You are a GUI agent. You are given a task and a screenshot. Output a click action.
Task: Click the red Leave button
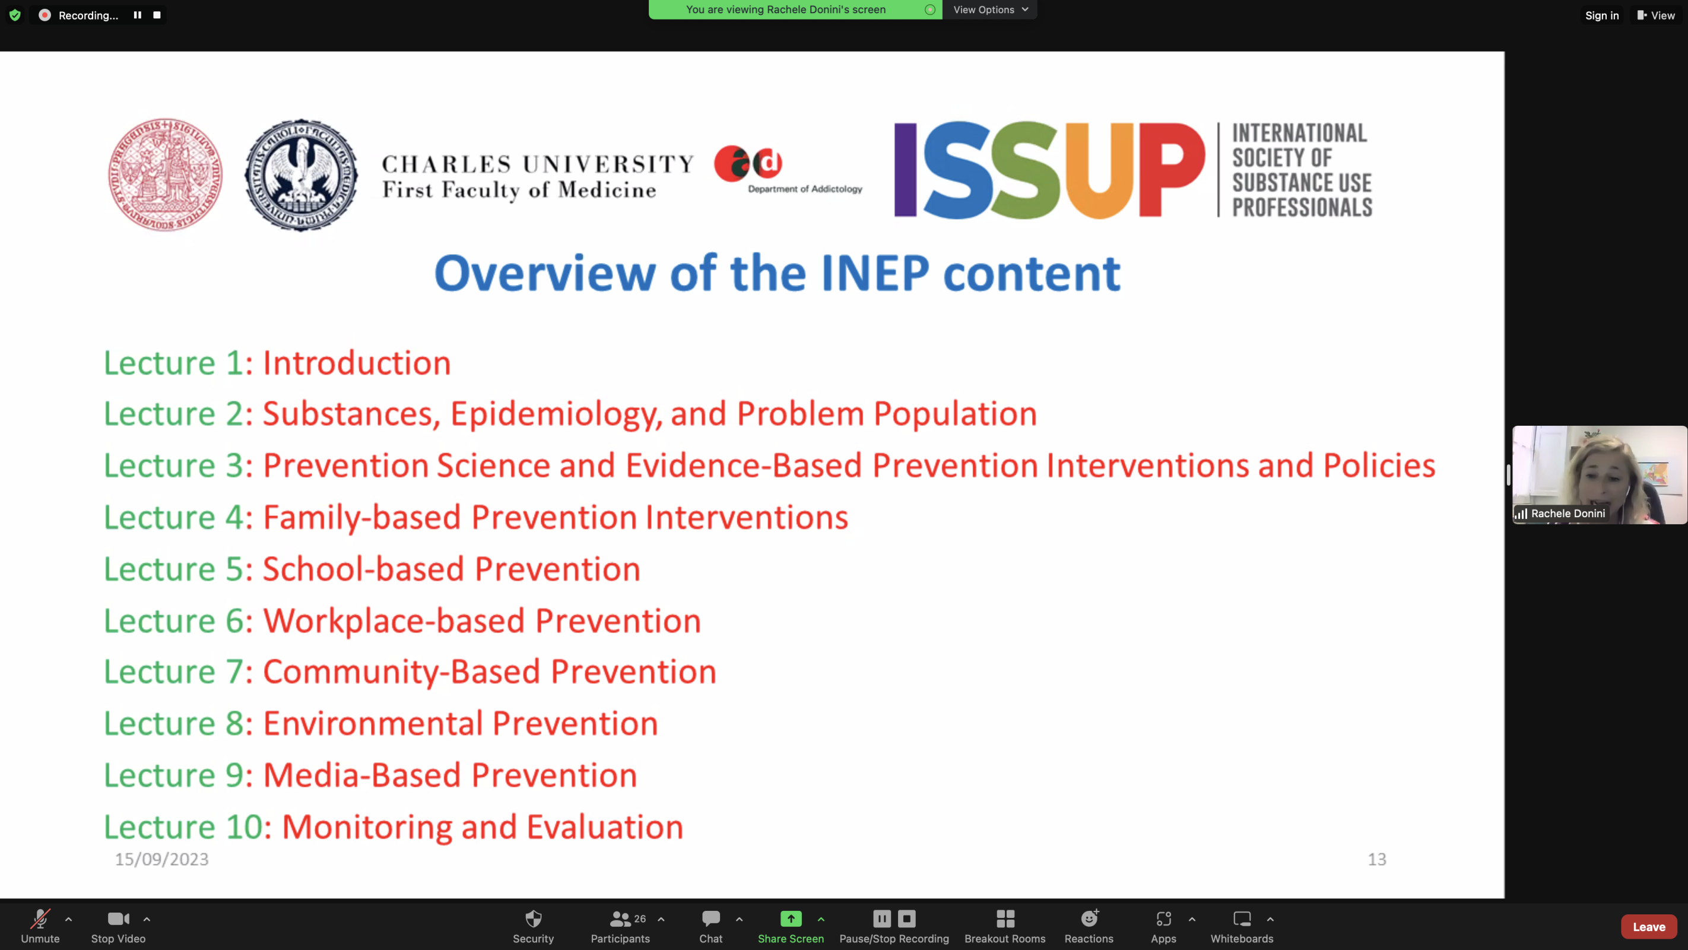click(1649, 926)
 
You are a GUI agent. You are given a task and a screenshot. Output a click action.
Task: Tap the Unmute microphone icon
click(40, 919)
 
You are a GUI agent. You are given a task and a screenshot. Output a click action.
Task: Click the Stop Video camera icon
click(119, 919)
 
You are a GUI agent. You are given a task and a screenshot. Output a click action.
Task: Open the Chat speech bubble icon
click(711, 918)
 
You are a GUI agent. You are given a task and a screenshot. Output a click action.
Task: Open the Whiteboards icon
click(1242, 919)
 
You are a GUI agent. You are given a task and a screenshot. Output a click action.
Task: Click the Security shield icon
click(534, 919)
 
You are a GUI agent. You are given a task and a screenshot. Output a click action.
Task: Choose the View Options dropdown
click(990, 9)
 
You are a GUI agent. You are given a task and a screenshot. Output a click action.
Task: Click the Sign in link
click(1601, 15)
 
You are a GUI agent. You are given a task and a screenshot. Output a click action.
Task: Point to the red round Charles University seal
click(165, 175)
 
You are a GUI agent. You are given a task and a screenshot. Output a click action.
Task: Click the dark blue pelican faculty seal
click(301, 175)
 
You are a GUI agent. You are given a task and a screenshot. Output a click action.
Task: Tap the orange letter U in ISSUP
click(1099, 170)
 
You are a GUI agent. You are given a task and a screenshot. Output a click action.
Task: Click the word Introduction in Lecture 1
click(357, 363)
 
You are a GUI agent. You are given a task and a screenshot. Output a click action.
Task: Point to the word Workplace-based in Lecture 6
click(394, 620)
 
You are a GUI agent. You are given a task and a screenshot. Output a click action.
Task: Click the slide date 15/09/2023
click(162, 859)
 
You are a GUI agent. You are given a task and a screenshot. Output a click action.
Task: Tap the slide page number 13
click(1377, 859)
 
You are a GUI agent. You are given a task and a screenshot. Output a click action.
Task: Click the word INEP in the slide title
click(875, 273)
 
